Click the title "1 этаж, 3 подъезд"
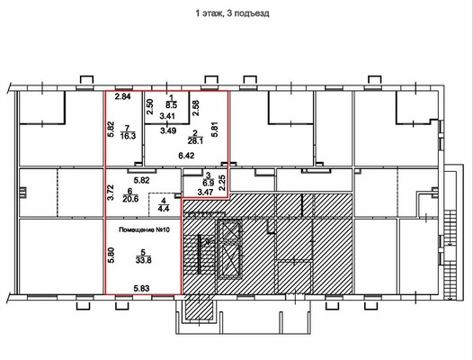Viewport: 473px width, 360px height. (x=232, y=13)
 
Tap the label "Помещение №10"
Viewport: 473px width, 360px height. (x=145, y=229)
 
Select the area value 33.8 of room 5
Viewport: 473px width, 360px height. (x=144, y=260)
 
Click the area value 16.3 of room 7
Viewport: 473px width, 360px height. (x=128, y=136)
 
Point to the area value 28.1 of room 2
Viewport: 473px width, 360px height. (x=195, y=141)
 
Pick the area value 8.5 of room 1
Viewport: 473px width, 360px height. (x=171, y=105)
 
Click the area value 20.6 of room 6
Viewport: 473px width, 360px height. (x=130, y=199)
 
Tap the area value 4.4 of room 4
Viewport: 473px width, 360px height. (x=164, y=208)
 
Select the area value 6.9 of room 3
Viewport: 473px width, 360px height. (x=208, y=183)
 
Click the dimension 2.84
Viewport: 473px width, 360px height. (x=123, y=96)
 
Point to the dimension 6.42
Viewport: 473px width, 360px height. (x=186, y=156)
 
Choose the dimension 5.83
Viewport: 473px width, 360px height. (x=141, y=289)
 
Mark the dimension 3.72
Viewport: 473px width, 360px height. (x=111, y=193)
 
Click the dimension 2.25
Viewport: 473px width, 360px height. (x=222, y=183)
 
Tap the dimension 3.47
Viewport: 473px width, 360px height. (x=205, y=192)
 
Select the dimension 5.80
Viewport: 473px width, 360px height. (x=111, y=256)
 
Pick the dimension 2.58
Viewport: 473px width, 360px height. (x=196, y=108)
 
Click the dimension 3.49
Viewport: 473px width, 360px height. (x=168, y=130)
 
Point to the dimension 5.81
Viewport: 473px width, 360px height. (x=215, y=130)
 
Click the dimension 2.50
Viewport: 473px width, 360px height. (x=150, y=106)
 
